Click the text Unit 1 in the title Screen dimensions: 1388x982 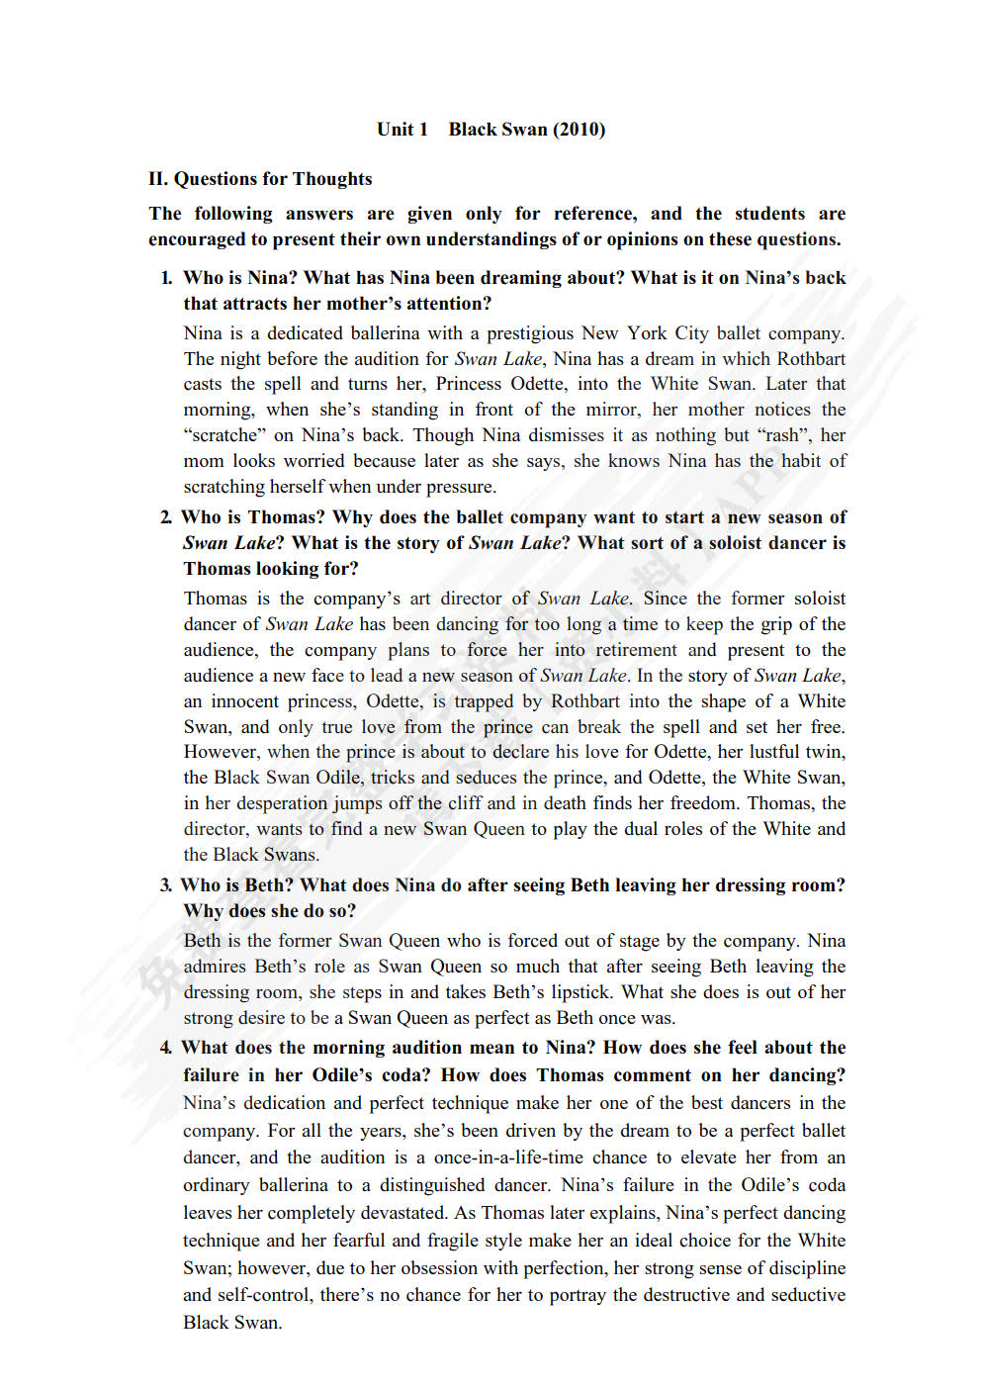point(402,130)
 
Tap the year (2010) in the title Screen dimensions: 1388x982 point(579,130)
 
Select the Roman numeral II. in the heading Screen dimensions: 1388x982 point(158,179)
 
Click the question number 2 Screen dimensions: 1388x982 point(165,517)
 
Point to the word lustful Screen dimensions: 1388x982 point(775,752)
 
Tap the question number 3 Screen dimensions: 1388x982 point(165,885)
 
